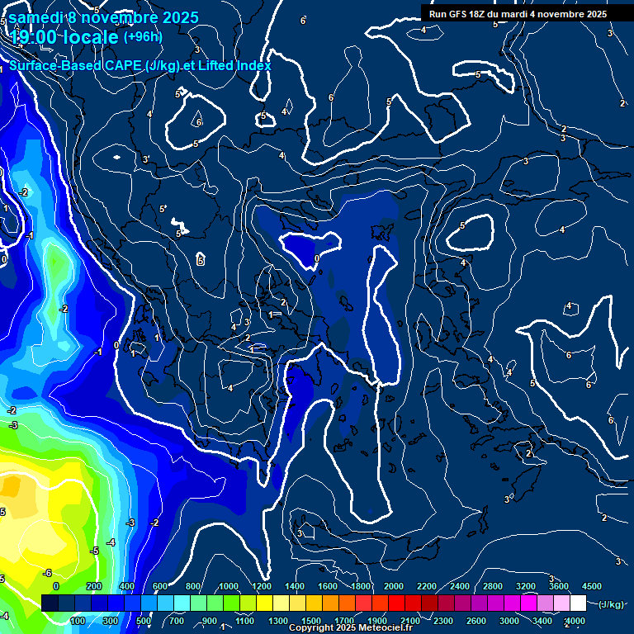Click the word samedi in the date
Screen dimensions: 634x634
point(35,17)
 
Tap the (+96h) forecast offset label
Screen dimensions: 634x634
point(143,36)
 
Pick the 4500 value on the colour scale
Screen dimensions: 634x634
point(592,585)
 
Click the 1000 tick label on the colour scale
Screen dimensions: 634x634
point(228,585)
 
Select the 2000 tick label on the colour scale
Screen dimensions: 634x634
point(394,585)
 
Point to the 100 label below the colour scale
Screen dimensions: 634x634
point(78,621)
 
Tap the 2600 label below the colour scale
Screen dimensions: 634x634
point(476,621)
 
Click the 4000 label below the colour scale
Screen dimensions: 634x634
point(575,621)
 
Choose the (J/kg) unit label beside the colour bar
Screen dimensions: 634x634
point(611,604)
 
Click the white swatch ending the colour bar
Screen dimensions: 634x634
point(578,603)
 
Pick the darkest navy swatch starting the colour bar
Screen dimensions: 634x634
point(50,603)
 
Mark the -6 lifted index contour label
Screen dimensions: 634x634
point(47,573)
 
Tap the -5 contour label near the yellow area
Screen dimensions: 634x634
point(95,551)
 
